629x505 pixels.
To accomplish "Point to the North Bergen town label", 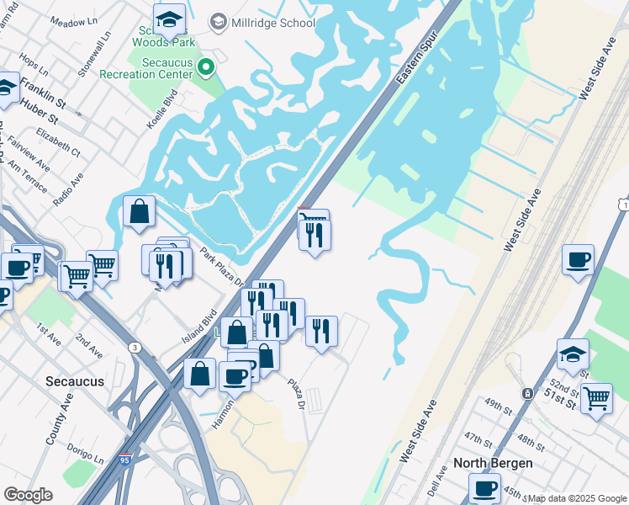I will click(x=493, y=463).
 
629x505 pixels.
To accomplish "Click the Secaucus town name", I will click(x=76, y=381).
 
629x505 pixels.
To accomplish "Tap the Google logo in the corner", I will click(x=29, y=495).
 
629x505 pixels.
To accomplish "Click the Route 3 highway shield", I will click(x=134, y=348).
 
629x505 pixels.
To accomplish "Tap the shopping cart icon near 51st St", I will click(x=596, y=397).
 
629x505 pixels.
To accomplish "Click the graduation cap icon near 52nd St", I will click(x=573, y=353).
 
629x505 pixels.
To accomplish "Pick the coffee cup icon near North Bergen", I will click(x=484, y=487).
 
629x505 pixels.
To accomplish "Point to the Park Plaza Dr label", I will click(x=219, y=265).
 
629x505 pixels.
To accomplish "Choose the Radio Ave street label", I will click(x=68, y=189).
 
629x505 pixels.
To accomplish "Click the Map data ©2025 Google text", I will click(x=578, y=498).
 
